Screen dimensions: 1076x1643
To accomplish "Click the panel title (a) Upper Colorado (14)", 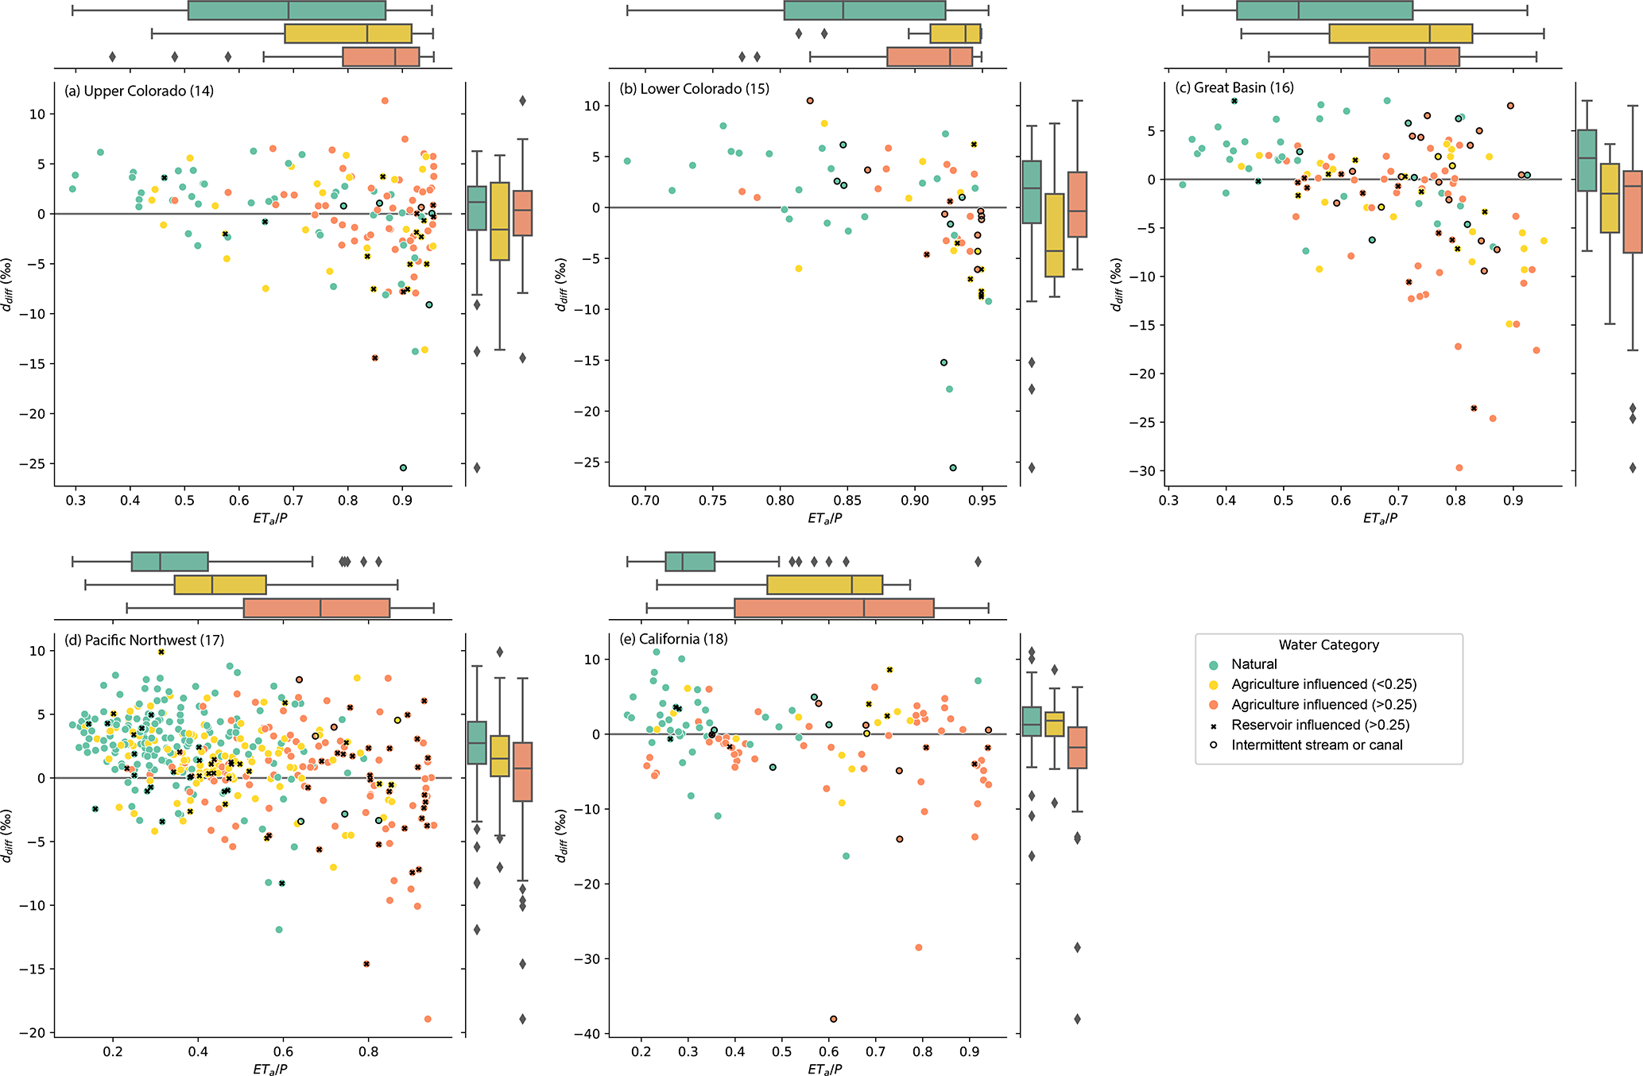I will coord(139,91).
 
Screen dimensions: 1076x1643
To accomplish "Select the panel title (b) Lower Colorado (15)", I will coord(694,88).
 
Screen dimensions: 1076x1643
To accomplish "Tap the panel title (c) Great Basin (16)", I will coord(1234,87).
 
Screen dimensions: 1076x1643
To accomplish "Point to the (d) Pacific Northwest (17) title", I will coord(144,640).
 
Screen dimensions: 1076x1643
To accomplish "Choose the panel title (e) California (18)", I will coord(673,639).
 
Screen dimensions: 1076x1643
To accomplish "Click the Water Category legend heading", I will coord(1328,644).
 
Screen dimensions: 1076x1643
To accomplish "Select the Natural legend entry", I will coord(1254,664).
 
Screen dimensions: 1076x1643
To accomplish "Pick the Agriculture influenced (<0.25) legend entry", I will coord(1323,684).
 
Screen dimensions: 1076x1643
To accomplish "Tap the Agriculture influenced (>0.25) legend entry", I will coord(1323,705).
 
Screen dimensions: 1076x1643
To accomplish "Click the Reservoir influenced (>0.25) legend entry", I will coord(1319,725).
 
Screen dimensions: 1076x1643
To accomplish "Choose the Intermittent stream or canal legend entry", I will coord(1316,745).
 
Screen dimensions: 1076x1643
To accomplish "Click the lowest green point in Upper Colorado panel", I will coord(403,467).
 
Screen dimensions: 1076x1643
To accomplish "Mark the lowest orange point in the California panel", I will coord(833,1019).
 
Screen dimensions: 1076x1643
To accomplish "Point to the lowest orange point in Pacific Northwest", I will coord(428,1019).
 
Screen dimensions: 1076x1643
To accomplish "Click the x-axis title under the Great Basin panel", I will coord(1380,518).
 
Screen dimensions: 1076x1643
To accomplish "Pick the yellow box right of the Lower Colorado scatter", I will coord(1054,235).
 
